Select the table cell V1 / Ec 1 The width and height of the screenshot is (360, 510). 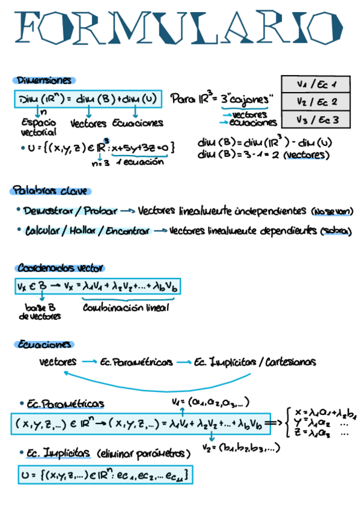click(317, 84)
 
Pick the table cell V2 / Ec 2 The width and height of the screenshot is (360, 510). click(317, 102)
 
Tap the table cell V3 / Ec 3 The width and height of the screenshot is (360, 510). click(317, 120)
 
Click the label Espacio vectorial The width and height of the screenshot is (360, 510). click(38, 127)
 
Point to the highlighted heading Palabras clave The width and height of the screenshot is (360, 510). click(50, 191)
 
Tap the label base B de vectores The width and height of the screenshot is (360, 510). click(41, 311)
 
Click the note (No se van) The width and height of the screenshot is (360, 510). click(332, 212)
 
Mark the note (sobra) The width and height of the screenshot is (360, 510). click(336, 232)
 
